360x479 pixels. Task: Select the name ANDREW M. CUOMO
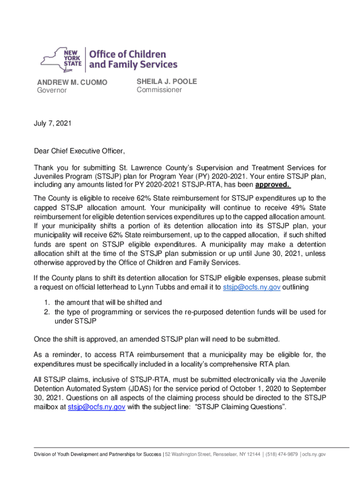point(72,82)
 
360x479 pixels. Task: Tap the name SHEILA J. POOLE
point(167,81)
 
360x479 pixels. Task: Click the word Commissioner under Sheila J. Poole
point(159,90)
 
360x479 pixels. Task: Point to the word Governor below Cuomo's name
point(52,90)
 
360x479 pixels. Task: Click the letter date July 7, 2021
point(53,123)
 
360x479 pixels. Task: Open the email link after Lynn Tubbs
point(251,287)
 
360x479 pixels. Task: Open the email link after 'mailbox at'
point(96,407)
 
